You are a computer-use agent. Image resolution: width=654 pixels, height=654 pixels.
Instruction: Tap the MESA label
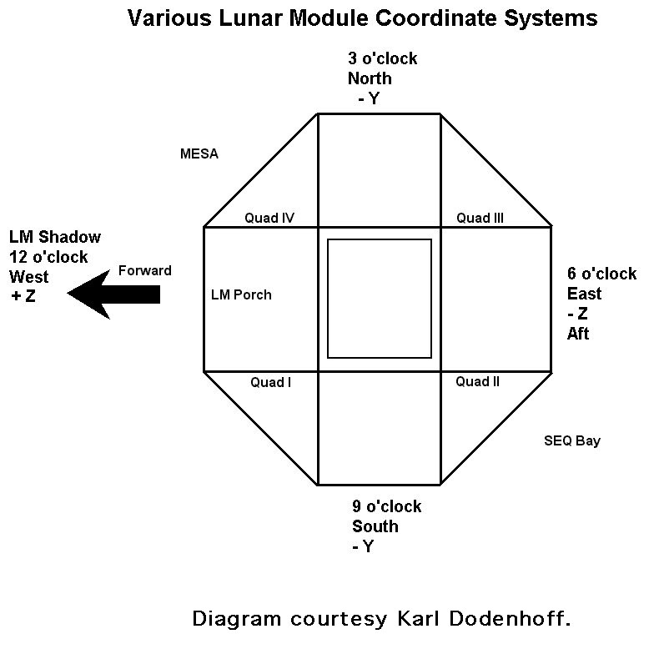199,154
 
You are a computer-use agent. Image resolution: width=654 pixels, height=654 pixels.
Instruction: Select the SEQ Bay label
571,440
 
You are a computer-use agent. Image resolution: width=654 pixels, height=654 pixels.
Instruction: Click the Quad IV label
269,219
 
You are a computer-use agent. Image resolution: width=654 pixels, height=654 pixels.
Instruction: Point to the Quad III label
480,219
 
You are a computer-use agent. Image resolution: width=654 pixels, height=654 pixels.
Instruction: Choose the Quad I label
270,382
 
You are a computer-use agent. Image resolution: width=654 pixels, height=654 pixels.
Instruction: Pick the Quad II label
477,382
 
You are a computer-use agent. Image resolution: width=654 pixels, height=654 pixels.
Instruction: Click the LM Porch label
241,294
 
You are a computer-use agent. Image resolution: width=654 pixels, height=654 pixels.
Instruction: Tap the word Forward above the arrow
144,270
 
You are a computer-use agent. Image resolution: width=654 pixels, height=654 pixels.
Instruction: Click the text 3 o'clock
382,59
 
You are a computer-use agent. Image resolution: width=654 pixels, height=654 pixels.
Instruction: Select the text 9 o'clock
386,506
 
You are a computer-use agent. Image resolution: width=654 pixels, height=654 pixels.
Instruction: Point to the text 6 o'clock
601,274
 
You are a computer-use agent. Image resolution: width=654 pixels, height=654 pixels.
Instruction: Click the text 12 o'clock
48,257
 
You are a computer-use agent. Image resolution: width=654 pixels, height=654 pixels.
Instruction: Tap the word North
370,79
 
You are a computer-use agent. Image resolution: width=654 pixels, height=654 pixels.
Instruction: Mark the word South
375,526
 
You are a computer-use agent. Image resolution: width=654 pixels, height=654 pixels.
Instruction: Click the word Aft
578,334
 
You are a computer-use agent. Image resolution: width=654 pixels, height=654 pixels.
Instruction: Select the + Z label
23,296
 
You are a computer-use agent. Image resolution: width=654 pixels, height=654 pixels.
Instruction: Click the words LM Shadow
54,237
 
